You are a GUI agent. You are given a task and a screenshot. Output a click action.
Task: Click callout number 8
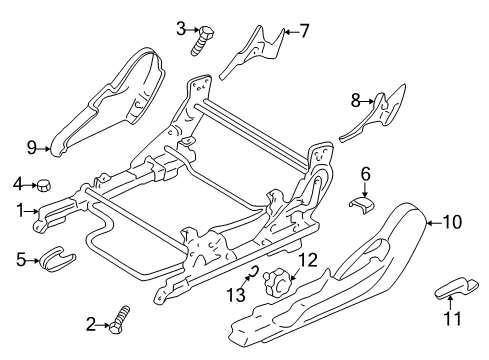pos(354,99)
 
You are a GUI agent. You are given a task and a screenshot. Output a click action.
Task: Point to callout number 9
pos(32,149)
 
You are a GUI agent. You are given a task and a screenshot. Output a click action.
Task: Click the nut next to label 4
pos(44,184)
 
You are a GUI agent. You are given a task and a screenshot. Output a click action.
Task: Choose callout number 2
pos(91,323)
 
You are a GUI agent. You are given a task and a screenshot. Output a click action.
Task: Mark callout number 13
pos(237,294)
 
